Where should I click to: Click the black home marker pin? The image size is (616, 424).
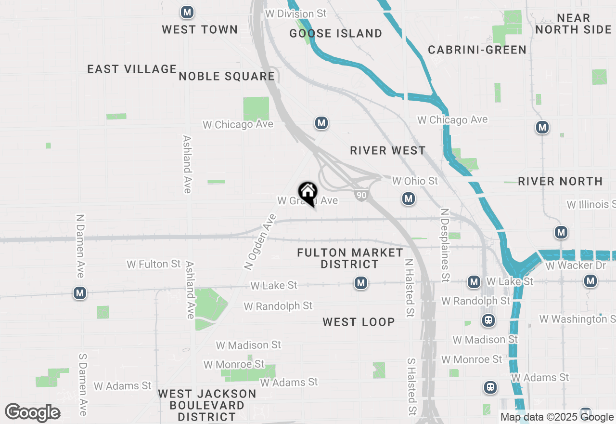308,193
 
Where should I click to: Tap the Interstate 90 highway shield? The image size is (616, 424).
361,195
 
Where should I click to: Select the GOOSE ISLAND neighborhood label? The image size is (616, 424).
336,33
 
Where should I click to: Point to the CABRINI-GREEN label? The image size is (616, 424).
477,50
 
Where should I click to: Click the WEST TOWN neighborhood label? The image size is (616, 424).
200,29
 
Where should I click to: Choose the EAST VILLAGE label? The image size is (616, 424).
132,69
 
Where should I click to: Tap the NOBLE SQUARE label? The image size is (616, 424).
227,76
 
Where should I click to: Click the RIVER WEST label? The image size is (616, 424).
388,150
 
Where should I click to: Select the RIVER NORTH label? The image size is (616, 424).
560,181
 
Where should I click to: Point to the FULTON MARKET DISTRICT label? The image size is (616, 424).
350,258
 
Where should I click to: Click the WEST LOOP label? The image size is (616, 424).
359,322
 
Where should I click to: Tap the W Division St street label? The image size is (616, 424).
295,13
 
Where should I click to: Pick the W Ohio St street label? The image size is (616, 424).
415,181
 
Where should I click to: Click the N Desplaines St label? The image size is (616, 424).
445,245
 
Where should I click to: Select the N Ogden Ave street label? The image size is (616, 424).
260,241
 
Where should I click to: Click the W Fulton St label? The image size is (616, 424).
154,264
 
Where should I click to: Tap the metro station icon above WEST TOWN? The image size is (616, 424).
187,12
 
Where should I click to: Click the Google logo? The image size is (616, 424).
33,413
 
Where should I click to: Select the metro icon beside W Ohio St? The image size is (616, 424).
409,199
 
